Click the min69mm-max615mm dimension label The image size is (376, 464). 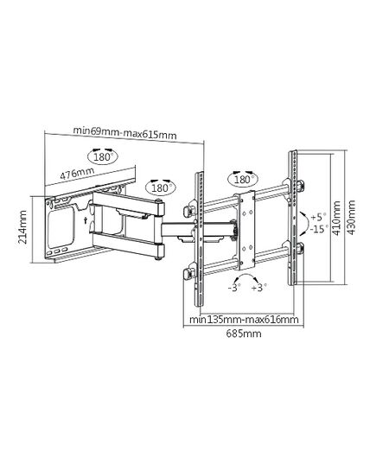(x=124, y=133)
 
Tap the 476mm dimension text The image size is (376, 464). (x=77, y=173)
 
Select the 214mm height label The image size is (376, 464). (x=22, y=227)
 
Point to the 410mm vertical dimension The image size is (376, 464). (x=336, y=218)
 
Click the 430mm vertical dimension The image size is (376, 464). (x=351, y=218)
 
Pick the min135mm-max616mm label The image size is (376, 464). (x=244, y=320)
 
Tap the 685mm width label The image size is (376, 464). (x=244, y=334)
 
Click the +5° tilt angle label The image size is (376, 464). (x=318, y=217)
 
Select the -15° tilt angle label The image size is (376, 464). (x=319, y=229)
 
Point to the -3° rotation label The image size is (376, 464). (x=234, y=288)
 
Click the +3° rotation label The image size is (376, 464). (x=259, y=288)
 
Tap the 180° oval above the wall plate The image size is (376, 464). (x=103, y=156)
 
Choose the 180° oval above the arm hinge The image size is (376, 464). (x=161, y=188)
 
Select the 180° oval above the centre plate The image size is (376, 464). (x=243, y=179)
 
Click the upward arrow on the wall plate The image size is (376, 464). (x=85, y=220)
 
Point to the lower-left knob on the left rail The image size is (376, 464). (x=188, y=275)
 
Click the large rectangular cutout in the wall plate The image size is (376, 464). (x=61, y=227)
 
